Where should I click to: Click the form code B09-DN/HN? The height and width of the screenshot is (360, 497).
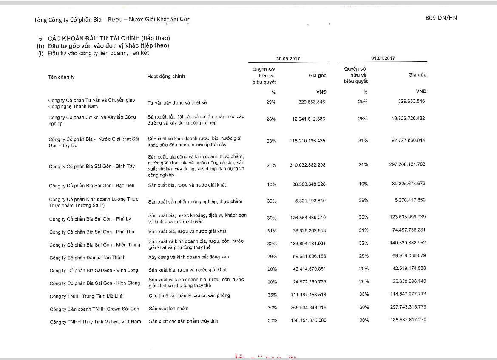click(x=441, y=18)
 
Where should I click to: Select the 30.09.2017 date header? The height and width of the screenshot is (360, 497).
click(x=288, y=59)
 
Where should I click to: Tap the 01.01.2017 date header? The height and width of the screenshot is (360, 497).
click(x=383, y=59)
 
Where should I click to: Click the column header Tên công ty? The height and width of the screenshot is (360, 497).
click(x=62, y=77)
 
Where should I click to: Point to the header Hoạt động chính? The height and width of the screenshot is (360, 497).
click(x=166, y=77)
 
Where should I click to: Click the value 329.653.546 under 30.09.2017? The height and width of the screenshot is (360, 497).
click(x=312, y=102)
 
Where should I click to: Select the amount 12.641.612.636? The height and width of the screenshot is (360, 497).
click(x=309, y=119)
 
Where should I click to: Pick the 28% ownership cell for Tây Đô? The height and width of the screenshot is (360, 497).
click(x=271, y=141)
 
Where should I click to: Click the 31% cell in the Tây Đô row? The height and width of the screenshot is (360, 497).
click(x=363, y=141)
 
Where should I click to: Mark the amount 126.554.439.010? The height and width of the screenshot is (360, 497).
click(x=308, y=218)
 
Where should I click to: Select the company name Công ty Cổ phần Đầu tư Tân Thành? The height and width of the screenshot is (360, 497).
click(x=87, y=258)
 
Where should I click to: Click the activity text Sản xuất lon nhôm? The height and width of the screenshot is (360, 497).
click(x=168, y=308)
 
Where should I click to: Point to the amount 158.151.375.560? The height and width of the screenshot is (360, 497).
click(x=308, y=320)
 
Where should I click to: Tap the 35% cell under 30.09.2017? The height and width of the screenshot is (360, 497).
click(x=272, y=295)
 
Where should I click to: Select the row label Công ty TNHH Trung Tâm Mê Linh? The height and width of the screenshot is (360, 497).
click(x=86, y=296)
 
